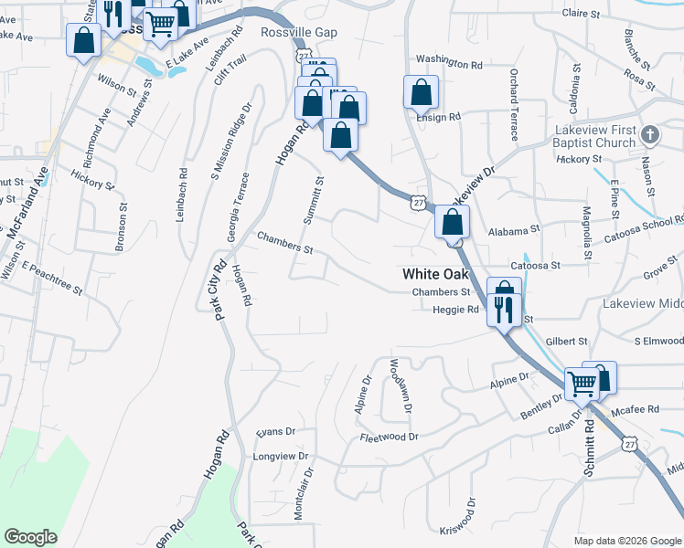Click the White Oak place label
(435, 274)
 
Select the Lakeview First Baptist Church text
(594, 136)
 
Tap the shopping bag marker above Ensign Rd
(421, 92)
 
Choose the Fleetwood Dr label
(389, 437)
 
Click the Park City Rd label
(220, 291)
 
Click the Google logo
(30, 537)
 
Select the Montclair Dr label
(303, 494)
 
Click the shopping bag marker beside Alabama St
(452, 222)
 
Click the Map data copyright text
(626, 541)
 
